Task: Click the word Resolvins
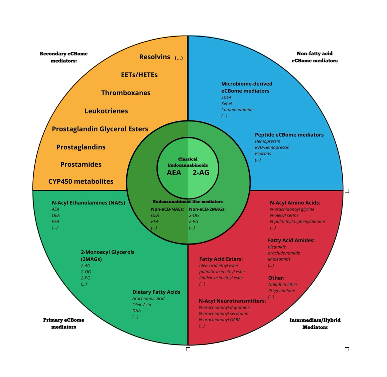point(155,57)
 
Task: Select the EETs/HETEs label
point(139,75)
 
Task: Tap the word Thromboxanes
point(126,93)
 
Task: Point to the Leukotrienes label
point(106,111)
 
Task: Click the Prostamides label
point(81,164)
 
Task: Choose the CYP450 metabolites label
point(81,181)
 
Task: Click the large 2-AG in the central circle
point(201,172)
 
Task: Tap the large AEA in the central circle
point(174,172)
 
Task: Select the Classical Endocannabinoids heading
point(188,162)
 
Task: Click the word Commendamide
point(237,109)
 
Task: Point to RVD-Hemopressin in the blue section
point(272,147)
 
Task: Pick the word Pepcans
point(263,153)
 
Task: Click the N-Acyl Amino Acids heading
point(295,203)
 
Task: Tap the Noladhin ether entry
point(283,285)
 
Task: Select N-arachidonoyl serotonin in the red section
point(223,314)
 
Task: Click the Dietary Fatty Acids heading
point(156,292)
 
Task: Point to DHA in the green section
point(136,311)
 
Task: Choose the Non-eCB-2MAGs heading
point(207,209)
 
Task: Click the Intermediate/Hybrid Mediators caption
point(315,324)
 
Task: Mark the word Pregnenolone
point(281,291)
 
